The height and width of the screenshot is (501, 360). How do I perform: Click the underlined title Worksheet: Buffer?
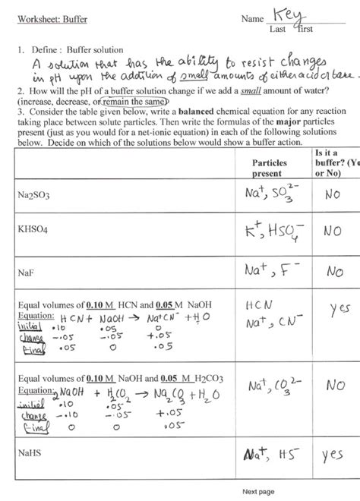click(x=45, y=17)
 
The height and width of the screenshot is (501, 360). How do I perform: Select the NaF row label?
click(x=25, y=269)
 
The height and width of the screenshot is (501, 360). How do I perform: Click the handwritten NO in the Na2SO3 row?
click(x=332, y=194)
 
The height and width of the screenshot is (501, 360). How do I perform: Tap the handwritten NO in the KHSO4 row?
click(x=332, y=231)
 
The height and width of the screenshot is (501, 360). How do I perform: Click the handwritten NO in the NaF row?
click(x=334, y=270)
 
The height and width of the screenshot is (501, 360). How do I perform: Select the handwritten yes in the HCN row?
click(x=339, y=310)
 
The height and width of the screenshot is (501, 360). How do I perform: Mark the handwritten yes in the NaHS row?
click(x=333, y=455)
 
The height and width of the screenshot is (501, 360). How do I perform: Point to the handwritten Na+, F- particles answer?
click(x=272, y=269)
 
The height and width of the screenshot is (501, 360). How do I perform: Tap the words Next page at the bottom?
click(x=258, y=492)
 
